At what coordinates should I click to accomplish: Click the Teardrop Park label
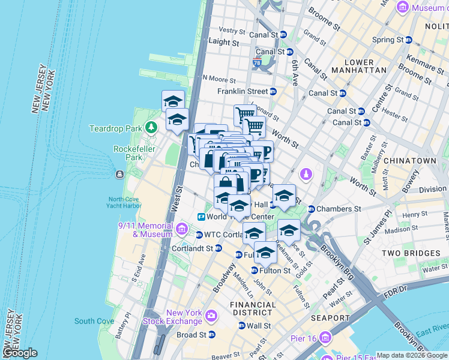click(115, 128)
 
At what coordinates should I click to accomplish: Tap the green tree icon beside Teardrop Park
click(152, 127)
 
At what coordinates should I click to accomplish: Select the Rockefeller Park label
click(127, 153)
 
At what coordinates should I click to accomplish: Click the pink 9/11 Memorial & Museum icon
click(181, 228)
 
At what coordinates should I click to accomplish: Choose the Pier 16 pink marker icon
click(325, 338)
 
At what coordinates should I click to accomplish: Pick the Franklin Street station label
click(242, 91)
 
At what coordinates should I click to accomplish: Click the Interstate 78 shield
click(257, 62)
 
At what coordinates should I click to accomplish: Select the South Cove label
click(94, 321)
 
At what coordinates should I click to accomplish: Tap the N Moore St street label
click(220, 78)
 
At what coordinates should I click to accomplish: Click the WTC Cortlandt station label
click(225, 234)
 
